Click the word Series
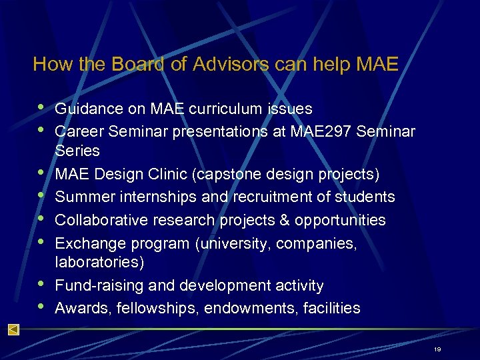[77, 151]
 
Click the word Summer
[83, 197]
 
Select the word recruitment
[271, 197]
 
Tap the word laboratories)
[99, 263]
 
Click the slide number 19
[437, 349]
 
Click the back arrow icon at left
[13, 330]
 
